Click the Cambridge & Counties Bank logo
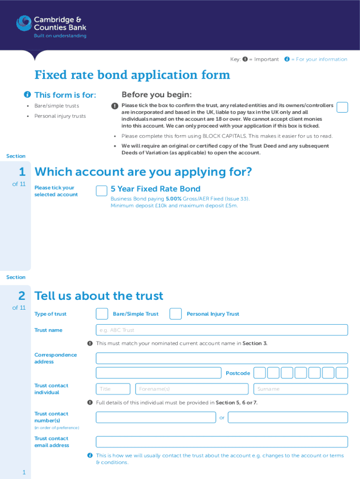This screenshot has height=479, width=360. tap(51, 26)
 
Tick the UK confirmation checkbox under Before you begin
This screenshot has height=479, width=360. tap(342, 107)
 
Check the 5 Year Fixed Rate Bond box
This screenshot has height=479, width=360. tap(101, 191)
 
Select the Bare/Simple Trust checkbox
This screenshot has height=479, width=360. tap(101, 314)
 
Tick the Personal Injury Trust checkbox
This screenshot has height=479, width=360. tap(175, 314)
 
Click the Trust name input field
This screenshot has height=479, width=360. tap(222, 330)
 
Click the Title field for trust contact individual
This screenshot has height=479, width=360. tap(113, 389)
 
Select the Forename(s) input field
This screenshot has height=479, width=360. tap(192, 389)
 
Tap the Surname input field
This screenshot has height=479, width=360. tap(301, 389)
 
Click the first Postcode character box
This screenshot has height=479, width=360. tap(260, 373)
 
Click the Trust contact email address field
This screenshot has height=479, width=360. tap(222, 442)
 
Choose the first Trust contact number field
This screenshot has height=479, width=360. tap(156, 417)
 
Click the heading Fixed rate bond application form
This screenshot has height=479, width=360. tap(132, 75)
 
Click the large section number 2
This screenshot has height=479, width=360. tap(22, 296)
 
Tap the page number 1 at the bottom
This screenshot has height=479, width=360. tap(23, 472)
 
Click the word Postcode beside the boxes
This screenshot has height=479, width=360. tap(238, 373)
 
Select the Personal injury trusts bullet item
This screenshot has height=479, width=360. tap(60, 116)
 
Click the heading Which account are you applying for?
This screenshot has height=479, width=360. tap(143, 172)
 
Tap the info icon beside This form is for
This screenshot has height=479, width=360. tap(28, 95)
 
